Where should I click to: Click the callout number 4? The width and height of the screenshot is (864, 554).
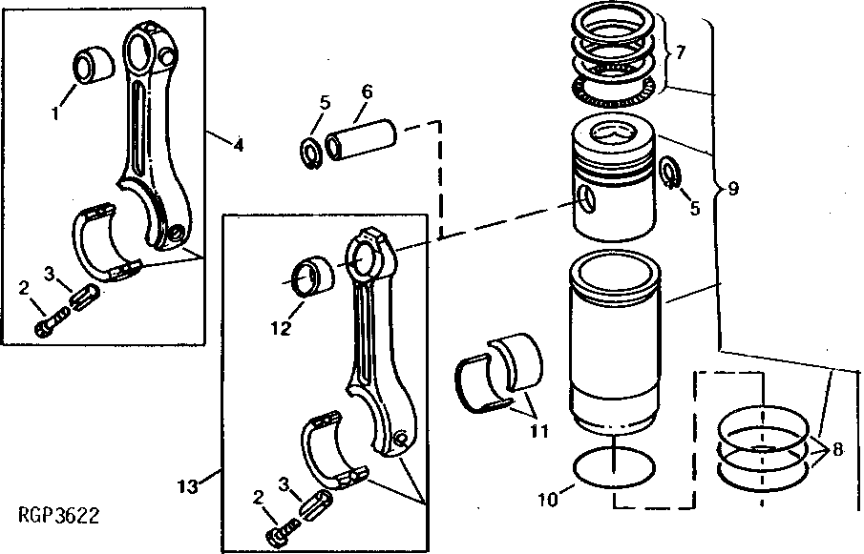click(238, 146)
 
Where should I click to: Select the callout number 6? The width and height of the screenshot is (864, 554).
click(367, 92)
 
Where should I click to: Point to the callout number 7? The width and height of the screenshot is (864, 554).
click(681, 53)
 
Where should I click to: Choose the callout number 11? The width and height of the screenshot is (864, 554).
click(540, 431)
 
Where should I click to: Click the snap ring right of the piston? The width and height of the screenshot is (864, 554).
click(669, 173)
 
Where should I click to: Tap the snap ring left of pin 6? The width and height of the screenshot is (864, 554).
click(310, 152)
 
